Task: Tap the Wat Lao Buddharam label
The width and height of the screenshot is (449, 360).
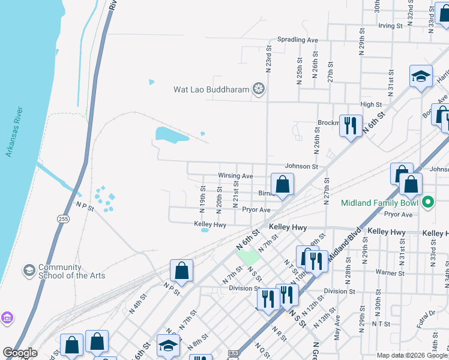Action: click(x=211, y=90)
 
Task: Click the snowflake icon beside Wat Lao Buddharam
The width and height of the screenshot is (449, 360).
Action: click(x=259, y=90)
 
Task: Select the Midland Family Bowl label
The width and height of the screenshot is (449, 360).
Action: click(x=380, y=202)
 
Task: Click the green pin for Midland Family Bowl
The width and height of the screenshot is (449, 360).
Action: click(x=427, y=202)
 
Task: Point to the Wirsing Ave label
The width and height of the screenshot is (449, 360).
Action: click(x=235, y=176)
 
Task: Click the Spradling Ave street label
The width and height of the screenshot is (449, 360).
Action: click(x=297, y=40)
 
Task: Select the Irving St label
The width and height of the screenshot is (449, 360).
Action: click(x=390, y=26)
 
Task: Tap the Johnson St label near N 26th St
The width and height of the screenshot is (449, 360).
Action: click(x=300, y=166)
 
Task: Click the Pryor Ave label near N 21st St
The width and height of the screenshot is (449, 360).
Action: click(x=256, y=210)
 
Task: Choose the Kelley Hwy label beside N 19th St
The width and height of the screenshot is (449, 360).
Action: click(x=209, y=224)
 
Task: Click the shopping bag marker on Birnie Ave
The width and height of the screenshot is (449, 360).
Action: click(x=282, y=185)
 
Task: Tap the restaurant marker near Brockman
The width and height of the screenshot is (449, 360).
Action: click(x=351, y=125)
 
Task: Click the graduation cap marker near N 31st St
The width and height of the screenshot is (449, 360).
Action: click(x=421, y=77)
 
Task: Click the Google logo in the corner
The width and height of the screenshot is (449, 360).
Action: click(x=20, y=353)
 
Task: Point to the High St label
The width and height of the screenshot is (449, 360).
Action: click(x=370, y=105)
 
